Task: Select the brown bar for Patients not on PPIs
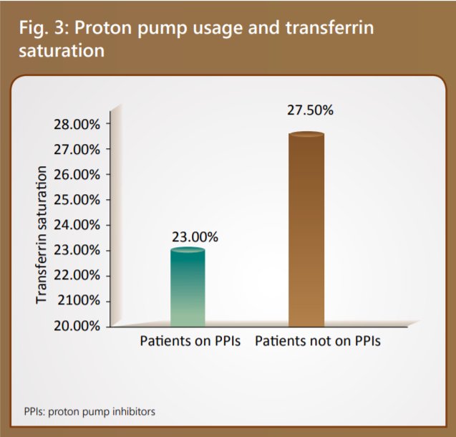click(x=306, y=229)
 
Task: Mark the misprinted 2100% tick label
click(x=78, y=300)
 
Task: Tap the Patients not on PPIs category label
click(x=317, y=341)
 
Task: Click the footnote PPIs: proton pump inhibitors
click(x=89, y=412)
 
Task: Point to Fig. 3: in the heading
click(x=42, y=29)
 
